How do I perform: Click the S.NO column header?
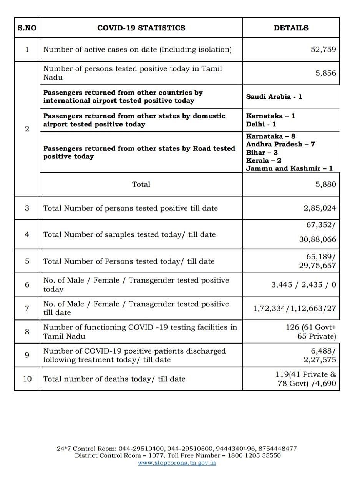click(x=27, y=28)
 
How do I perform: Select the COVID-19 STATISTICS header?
click(x=141, y=28)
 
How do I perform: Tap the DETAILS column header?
click(x=291, y=28)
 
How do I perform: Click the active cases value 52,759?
click(x=323, y=50)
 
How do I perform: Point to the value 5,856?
click(x=325, y=73)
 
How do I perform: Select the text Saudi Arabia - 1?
click(x=274, y=97)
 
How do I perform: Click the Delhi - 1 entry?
click(x=261, y=125)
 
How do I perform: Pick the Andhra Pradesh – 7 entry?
click(x=280, y=145)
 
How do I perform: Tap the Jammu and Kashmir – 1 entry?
click(x=289, y=168)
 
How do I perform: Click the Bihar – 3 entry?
click(x=262, y=153)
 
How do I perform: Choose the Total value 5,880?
click(x=325, y=184)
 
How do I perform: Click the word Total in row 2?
click(x=141, y=184)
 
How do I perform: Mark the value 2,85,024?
click(x=320, y=208)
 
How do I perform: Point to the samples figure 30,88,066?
click(x=317, y=239)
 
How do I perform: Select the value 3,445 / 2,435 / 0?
click(x=304, y=285)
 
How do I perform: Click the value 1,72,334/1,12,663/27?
click(x=295, y=308)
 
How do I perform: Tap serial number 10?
click(x=27, y=379)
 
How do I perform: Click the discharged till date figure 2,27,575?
click(x=320, y=360)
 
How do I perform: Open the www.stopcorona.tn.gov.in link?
click(x=177, y=463)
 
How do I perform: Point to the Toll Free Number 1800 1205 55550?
click(x=255, y=455)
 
